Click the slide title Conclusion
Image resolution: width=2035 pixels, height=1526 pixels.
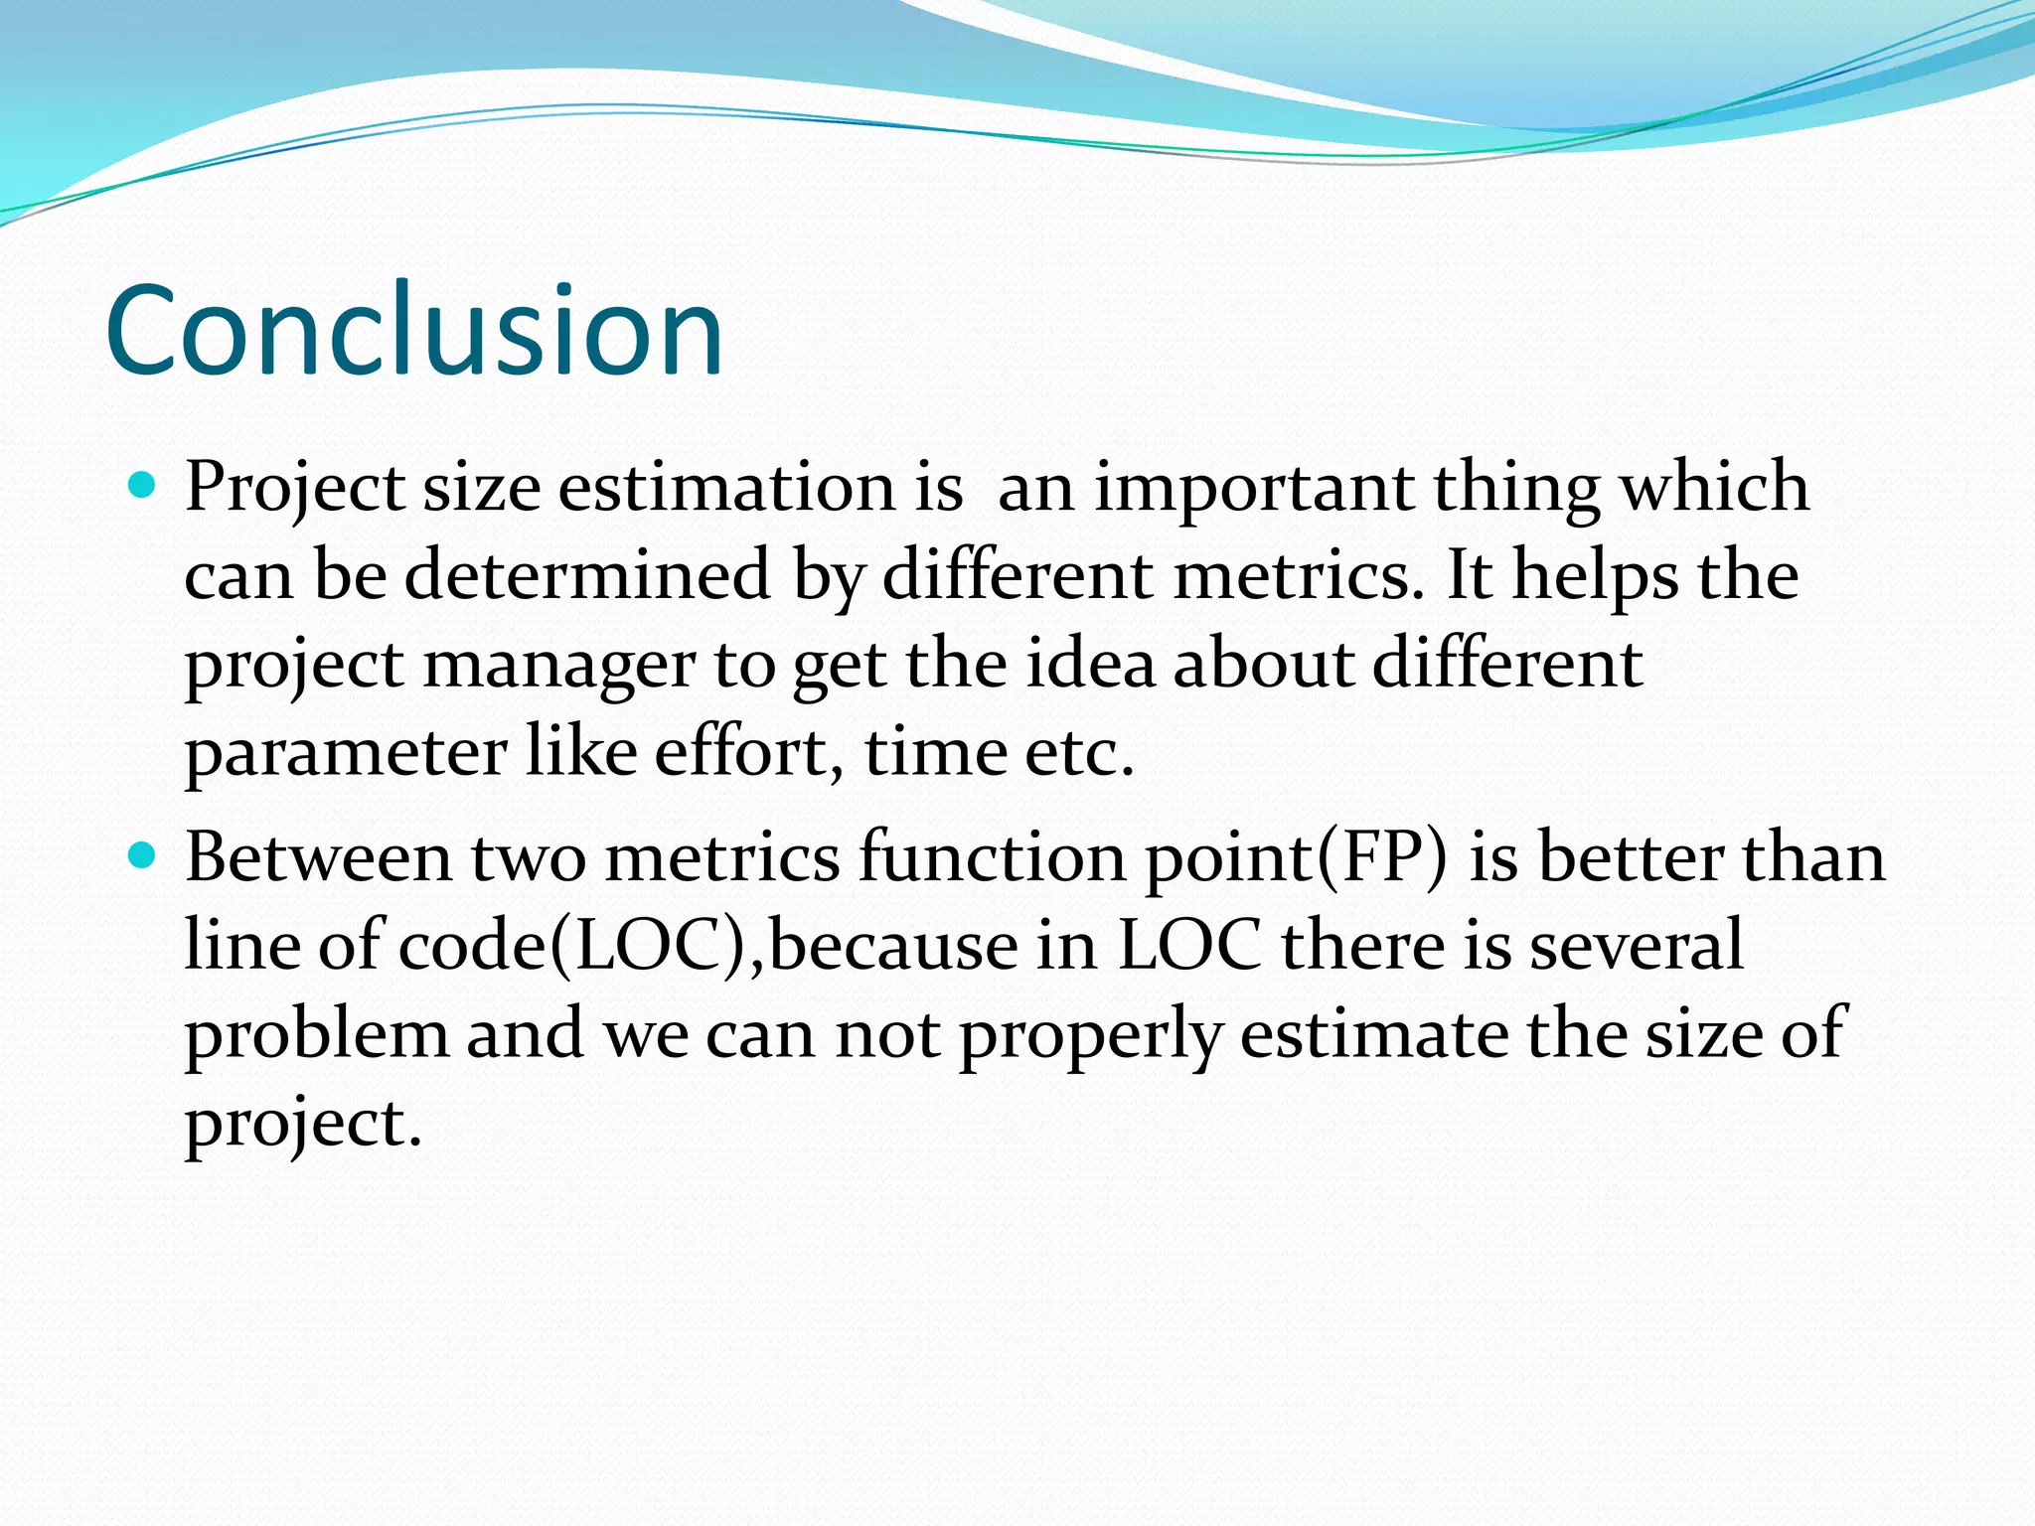tap(413, 331)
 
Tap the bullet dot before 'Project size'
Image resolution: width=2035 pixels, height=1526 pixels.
tap(143, 486)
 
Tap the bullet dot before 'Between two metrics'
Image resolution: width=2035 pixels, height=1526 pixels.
tap(143, 855)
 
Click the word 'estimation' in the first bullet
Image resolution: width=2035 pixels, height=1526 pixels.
tap(726, 489)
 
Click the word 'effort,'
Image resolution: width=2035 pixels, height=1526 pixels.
tap(741, 752)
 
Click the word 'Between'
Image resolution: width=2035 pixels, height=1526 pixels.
tap(318, 857)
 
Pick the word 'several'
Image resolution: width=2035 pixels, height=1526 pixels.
tap(1636, 946)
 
